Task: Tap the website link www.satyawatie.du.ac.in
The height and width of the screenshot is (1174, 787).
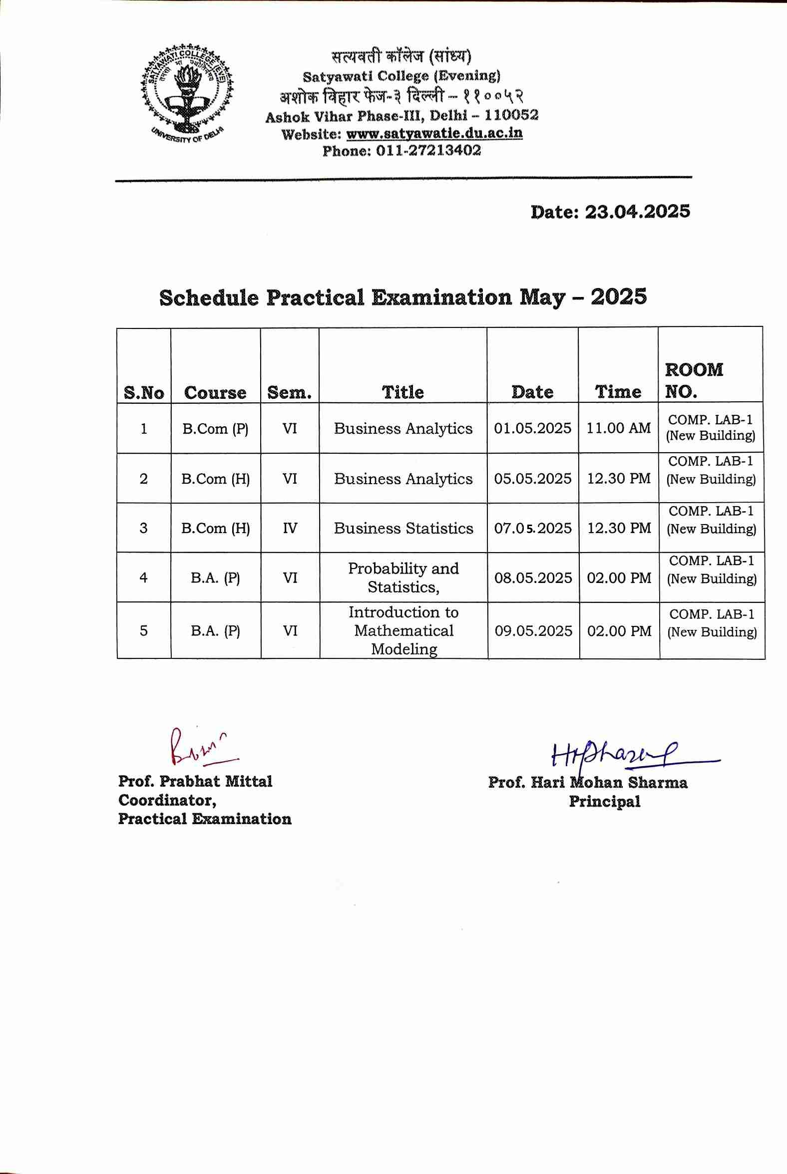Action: point(434,134)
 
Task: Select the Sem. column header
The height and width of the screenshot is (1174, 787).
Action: point(290,392)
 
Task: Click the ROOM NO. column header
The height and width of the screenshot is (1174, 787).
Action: point(694,380)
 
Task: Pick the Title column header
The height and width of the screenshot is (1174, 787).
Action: point(403,392)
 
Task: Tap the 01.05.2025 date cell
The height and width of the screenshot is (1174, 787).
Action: point(532,428)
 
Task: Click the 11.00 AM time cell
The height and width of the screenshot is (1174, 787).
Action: point(618,428)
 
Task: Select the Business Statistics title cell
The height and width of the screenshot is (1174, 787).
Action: point(403,528)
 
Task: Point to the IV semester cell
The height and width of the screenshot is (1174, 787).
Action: point(290,528)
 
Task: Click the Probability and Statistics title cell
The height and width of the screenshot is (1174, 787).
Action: point(403,578)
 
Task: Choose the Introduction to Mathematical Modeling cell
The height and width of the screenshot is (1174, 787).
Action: point(403,630)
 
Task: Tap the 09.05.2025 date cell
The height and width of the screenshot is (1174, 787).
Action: point(533,630)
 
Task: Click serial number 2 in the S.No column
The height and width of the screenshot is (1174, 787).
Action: point(144,479)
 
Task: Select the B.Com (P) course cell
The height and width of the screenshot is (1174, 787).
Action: point(215,429)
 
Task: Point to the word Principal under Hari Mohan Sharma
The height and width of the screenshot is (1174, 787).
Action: point(604,801)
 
